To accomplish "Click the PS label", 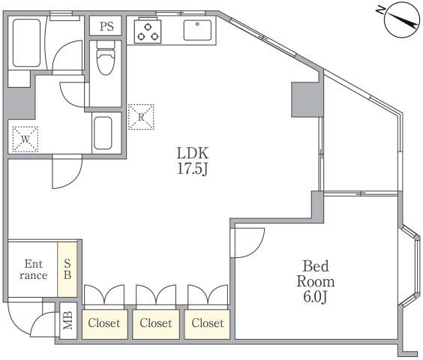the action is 106,26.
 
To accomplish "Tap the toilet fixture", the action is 106,58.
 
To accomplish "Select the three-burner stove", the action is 148,30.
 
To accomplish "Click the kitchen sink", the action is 197,30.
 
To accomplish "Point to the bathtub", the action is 26,43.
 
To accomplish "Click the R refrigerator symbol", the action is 141,117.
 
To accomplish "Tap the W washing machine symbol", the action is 25,139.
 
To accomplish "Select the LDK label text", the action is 193,153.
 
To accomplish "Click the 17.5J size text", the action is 193,169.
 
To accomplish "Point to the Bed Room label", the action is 316,274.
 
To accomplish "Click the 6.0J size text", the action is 315,297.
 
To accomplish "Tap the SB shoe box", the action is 67,269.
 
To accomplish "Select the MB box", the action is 68,320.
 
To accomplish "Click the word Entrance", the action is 34,269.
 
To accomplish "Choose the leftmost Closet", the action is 104,324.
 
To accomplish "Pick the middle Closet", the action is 156,324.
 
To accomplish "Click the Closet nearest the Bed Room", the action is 207,324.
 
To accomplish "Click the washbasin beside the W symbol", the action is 103,133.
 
